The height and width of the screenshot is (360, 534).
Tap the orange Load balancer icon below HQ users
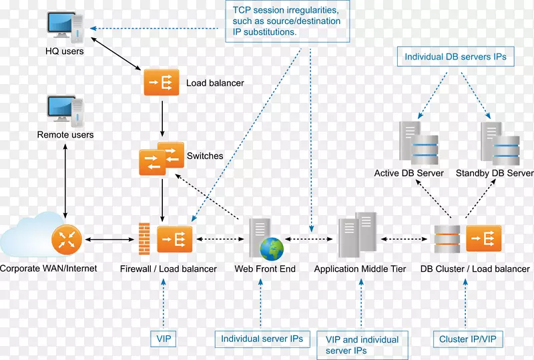coord(162,82)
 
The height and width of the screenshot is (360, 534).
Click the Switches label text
coord(205,156)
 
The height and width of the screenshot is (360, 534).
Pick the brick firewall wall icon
coord(144,238)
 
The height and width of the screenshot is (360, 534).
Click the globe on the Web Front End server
coord(271,248)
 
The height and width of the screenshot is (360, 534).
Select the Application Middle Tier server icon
coord(357,234)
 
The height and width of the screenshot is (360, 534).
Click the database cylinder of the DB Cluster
coord(447,239)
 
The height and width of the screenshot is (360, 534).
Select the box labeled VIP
coord(162,339)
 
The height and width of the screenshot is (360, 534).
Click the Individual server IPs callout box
coord(262,339)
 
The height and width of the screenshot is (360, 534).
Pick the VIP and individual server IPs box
coord(362,345)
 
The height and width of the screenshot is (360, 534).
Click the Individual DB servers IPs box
coord(455,57)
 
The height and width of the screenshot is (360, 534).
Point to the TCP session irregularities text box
coord(286,21)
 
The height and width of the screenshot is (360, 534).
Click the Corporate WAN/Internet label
coord(49,268)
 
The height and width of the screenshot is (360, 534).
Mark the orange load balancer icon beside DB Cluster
coord(483,239)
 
